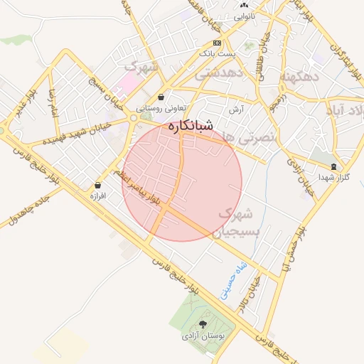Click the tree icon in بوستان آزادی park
point(203,324)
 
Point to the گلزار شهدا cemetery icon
point(333,166)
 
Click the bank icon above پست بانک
point(217,43)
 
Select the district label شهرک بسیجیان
point(240,222)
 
